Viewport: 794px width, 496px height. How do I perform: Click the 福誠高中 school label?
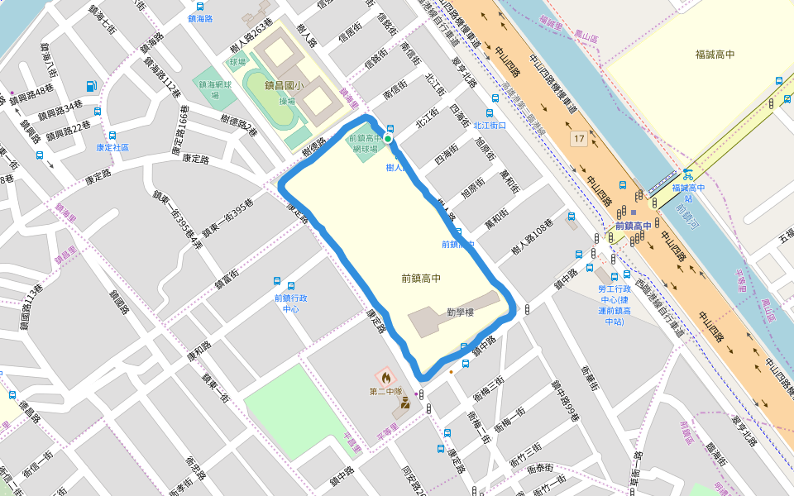click(715, 55)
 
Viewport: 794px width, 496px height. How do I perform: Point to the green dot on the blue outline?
click(388, 139)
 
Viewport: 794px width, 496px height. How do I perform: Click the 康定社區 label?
click(112, 147)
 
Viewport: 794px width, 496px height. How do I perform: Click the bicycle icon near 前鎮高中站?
click(686, 174)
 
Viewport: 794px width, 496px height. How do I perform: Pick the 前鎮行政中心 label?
click(290, 303)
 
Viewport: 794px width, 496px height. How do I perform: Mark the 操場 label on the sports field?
click(287, 101)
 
